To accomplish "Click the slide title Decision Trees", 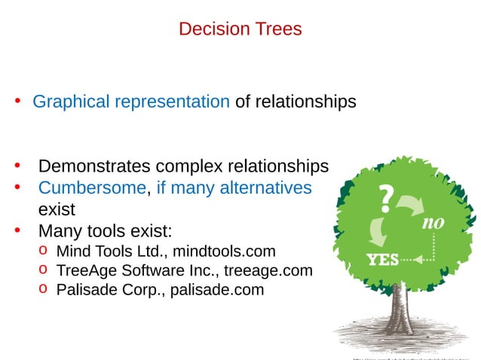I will [x=240, y=29].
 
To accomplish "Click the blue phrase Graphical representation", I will [x=130, y=102].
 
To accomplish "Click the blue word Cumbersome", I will [x=92, y=188].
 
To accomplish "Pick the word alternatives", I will [x=265, y=188].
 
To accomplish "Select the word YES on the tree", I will [x=383, y=260].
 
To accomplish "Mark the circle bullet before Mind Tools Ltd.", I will [x=43, y=249].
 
